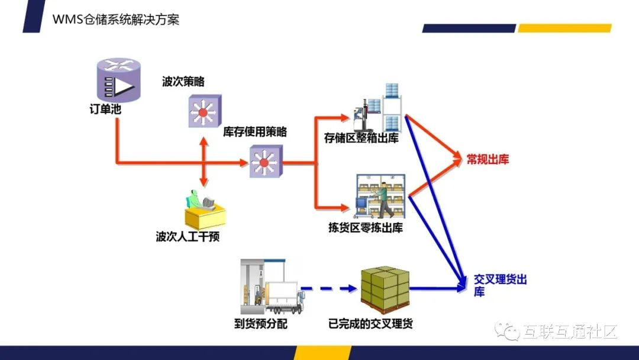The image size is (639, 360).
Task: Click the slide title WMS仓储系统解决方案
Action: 116,19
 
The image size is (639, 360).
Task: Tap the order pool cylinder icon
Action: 118,79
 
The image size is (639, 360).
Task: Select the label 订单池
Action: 105,110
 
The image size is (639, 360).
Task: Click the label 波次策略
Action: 183,82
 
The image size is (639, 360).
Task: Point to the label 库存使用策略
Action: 255,131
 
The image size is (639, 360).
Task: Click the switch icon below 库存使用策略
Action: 266,162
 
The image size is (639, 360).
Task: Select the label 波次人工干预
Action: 188,236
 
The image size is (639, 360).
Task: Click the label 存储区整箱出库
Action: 362,138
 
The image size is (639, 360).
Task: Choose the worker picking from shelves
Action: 384,200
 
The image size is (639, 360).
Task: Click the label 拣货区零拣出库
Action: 366,227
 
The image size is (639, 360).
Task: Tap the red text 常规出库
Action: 488,159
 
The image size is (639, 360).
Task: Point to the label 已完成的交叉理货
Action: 370,324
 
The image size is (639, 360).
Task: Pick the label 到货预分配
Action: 261,324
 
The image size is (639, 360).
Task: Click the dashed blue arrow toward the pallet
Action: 329,289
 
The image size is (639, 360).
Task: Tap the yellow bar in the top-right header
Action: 564,28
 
